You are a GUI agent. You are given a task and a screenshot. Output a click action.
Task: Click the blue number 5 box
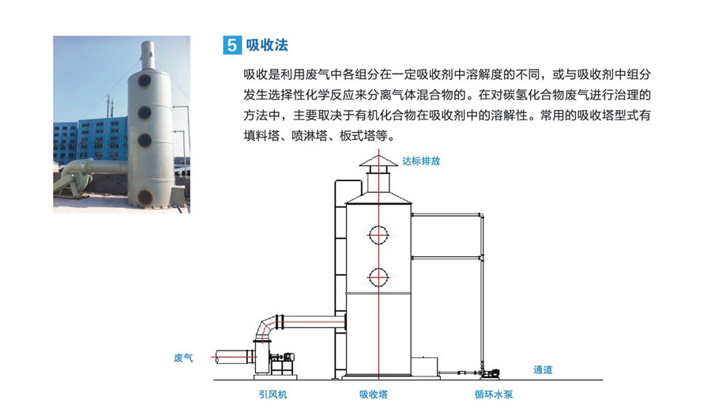231,45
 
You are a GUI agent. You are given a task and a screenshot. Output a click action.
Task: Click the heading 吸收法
267,45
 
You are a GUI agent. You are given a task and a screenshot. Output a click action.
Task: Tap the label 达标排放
421,161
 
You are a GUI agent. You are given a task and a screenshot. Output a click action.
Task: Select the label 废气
183,357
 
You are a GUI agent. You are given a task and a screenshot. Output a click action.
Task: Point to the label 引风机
273,394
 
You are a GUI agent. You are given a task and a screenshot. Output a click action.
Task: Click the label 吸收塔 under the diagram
374,394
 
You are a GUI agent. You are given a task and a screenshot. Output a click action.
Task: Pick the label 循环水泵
494,394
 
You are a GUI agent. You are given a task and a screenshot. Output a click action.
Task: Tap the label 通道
543,369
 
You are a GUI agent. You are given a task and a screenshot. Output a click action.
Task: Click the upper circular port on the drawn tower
378,235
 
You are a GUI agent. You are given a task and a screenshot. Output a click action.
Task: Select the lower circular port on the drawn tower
378,277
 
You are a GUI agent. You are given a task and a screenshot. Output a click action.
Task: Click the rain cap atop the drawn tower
378,161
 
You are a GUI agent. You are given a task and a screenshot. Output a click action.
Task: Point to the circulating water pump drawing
489,373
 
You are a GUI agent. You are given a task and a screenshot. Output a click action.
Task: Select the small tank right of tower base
425,366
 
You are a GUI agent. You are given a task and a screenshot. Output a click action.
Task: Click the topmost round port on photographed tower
145,81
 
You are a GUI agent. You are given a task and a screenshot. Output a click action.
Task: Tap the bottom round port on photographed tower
145,197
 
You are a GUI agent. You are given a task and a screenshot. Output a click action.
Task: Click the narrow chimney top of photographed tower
148,55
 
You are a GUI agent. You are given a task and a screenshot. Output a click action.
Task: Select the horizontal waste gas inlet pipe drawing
235,357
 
